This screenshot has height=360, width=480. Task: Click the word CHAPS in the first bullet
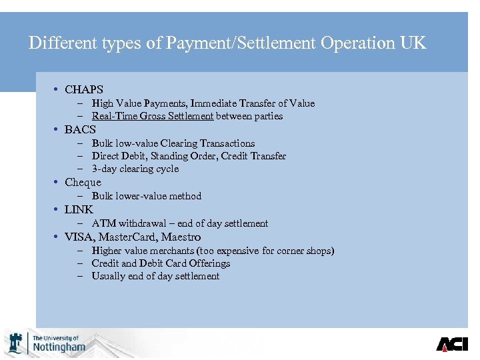pyautogui.click(x=84, y=89)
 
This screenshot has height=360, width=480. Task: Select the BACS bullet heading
pyautogui.click(x=80, y=129)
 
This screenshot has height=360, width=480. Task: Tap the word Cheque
pyautogui.click(x=83, y=182)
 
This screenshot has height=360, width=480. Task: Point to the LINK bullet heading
pyautogui.click(x=79, y=209)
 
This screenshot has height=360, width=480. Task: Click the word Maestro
pyautogui.click(x=181, y=237)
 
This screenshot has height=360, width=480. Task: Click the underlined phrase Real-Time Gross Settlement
pyautogui.click(x=153, y=116)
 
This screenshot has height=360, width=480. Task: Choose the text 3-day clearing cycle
pyautogui.click(x=135, y=169)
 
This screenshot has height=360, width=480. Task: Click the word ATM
pyautogui.click(x=103, y=223)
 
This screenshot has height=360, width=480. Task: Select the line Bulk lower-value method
pyautogui.click(x=146, y=196)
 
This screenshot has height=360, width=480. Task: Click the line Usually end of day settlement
pyautogui.click(x=155, y=276)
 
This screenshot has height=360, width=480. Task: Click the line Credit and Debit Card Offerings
pyautogui.click(x=161, y=263)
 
